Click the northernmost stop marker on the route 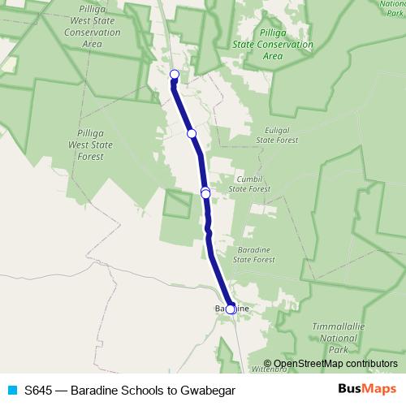tap(174, 75)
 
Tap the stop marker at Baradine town tap(231, 309)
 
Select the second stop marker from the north tap(192, 133)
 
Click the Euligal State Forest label tap(283, 134)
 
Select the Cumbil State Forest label tap(249, 184)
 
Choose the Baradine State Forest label tap(255, 254)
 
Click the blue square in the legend tap(12, 390)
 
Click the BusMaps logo tap(367, 389)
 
